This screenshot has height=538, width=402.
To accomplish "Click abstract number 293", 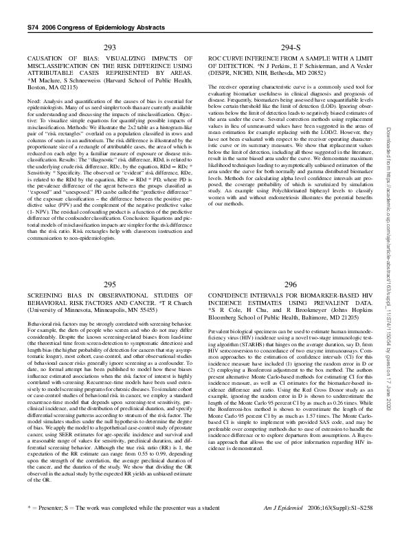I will tap(109, 47).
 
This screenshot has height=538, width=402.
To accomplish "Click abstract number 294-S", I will tap(291, 47).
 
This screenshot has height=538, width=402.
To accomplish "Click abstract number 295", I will tap(109, 284).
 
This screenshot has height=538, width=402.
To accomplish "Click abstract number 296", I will tap(291, 284).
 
